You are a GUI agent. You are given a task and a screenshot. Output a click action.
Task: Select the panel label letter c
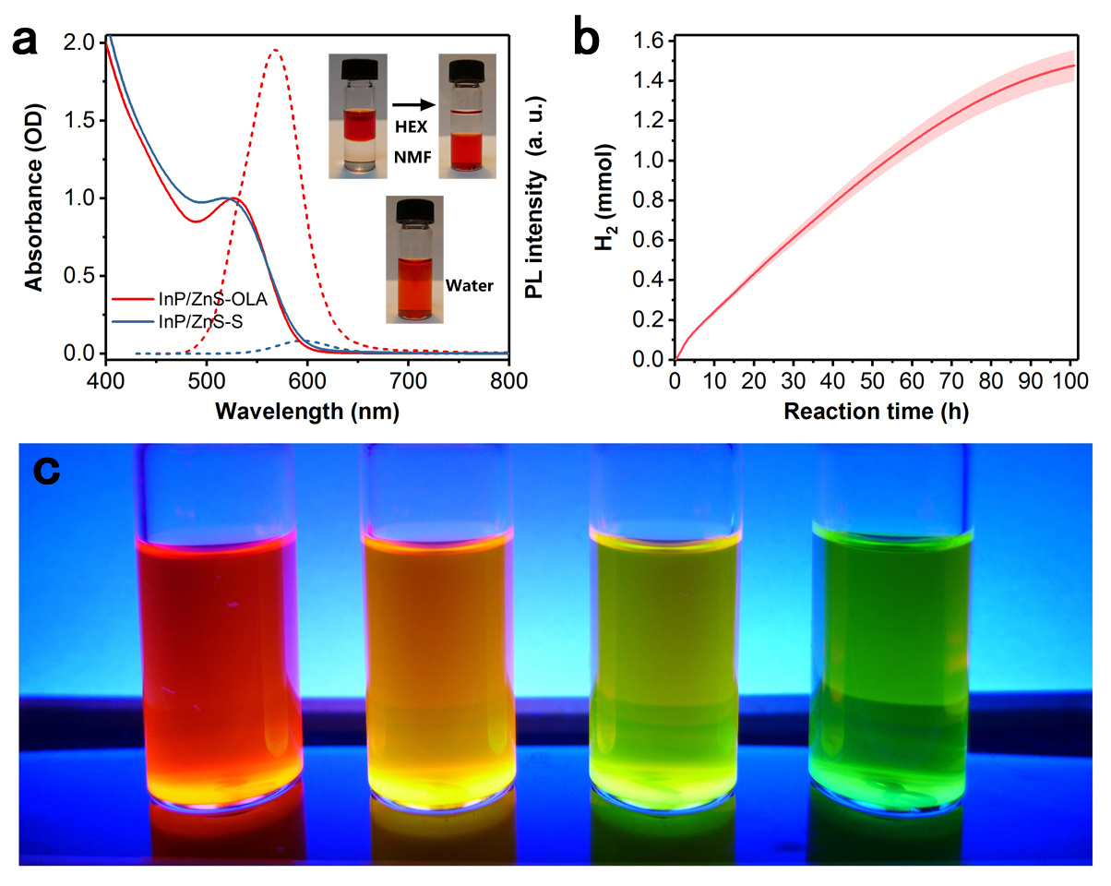[46, 472]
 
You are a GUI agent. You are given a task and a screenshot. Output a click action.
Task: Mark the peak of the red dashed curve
[274, 50]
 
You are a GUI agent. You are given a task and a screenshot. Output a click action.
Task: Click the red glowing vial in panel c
[221, 664]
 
